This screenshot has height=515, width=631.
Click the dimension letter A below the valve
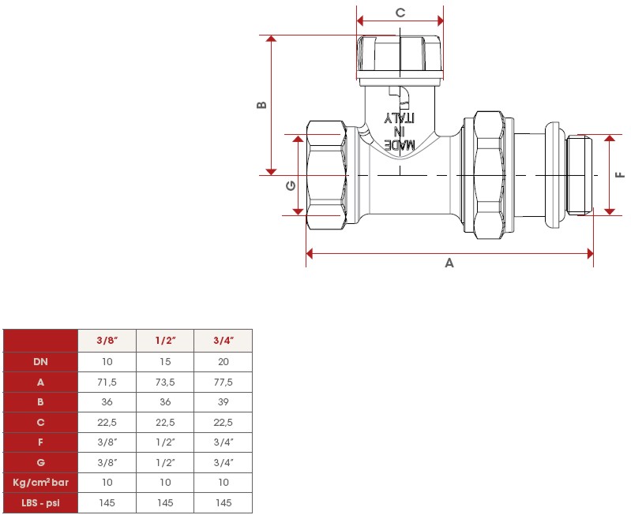point(449,263)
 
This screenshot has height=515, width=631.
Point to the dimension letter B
point(261,105)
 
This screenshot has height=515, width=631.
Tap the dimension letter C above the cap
point(400,13)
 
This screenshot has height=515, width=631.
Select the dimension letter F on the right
point(621,175)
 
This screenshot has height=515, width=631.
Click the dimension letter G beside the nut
point(290,186)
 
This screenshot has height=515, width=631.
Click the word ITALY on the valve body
point(399,118)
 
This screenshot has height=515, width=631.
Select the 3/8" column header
point(107,341)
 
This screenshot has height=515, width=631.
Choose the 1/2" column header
point(165,341)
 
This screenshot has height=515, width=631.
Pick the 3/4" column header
point(223,341)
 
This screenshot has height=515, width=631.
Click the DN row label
point(40,361)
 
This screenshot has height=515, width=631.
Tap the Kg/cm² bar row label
point(40,482)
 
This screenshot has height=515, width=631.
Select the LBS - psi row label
point(40,502)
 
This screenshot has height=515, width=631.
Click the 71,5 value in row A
point(107,382)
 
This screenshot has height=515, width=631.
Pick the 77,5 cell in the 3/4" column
point(223,382)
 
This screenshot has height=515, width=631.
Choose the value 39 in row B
point(223,401)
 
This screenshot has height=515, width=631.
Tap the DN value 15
point(165,361)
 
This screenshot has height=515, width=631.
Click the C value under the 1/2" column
point(165,422)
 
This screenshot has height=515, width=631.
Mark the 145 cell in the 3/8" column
point(107,502)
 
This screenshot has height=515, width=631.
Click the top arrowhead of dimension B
point(272,39)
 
